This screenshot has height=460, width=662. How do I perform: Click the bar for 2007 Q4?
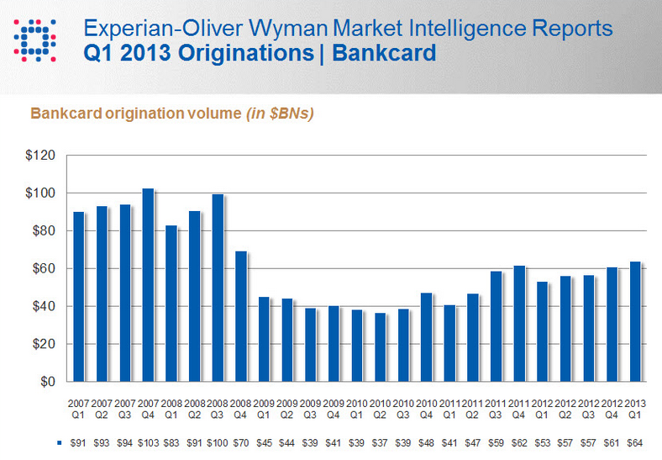148,285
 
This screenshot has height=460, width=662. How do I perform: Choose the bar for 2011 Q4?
519,324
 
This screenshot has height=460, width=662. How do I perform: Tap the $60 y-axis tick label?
44,269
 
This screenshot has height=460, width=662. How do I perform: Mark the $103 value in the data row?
149,442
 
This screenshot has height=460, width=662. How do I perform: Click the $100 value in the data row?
218,442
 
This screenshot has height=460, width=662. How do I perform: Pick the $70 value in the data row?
241,442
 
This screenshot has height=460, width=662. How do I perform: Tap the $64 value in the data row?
636,442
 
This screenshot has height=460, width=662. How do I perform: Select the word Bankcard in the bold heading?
384,54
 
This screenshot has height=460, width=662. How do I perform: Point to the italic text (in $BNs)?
280,114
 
